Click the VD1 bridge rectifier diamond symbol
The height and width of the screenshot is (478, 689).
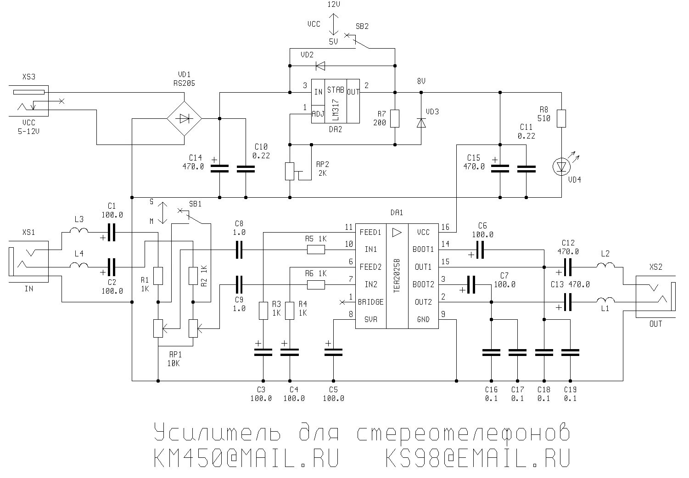[x=184, y=118]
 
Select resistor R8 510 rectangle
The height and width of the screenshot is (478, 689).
[x=561, y=118]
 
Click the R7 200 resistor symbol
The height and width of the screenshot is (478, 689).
[x=395, y=118]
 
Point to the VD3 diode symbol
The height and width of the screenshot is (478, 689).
[x=421, y=122]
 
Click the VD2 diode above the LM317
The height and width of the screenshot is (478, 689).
[x=320, y=66]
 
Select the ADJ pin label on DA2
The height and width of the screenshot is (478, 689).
[x=318, y=113]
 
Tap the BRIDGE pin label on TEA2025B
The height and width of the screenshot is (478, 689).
[x=370, y=302]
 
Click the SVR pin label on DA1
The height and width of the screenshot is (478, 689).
[x=370, y=319]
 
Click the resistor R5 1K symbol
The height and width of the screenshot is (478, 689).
[x=316, y=250]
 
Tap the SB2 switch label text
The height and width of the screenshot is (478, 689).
[x=362, y=26]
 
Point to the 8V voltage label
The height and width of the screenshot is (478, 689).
[x=421, y=81]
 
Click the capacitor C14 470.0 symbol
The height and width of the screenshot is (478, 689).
[x=219, y=169]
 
